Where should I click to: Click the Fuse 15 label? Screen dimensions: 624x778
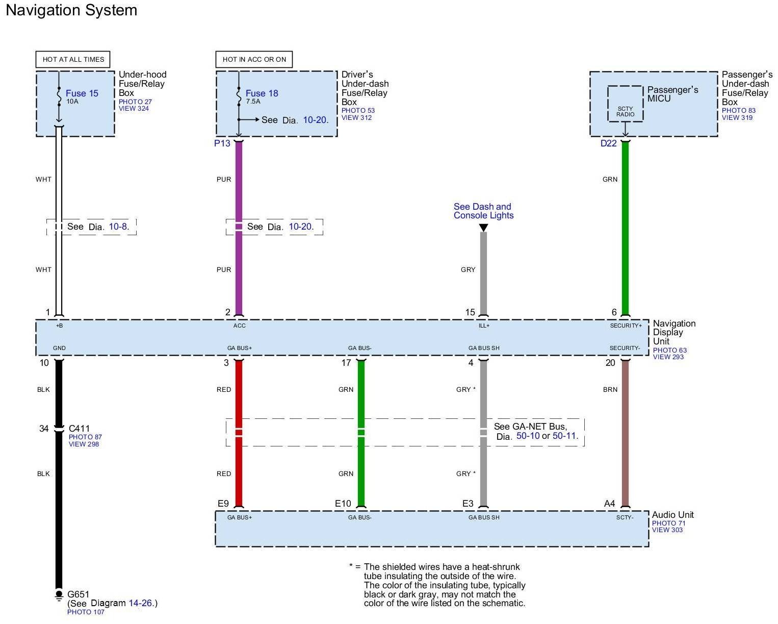[x=82, y=93]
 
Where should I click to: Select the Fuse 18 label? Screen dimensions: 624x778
[x=262, y=93]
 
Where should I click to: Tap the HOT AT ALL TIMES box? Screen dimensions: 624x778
[x=73, y=59]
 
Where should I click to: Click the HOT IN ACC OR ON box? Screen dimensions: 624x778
[x=254, y=59]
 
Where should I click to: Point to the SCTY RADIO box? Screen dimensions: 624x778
[x=625, y=111]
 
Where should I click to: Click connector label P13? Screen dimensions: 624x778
[x=222, y=143]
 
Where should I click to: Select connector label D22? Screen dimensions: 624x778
[x=608, y=143]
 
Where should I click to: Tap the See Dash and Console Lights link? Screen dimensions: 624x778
[x=483, y=211]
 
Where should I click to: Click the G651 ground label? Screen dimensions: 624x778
[x=78, y=594]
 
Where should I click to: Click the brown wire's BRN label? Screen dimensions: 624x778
[x=610, y=390]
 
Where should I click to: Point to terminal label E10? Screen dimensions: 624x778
[x=343, y=504]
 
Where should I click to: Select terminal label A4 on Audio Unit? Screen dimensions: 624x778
[x=609, y=504]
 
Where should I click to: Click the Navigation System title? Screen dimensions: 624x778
[x=71, y=10]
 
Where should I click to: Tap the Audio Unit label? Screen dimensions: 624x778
[x=672, y=515]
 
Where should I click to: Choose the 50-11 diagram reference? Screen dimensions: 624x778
[x=565, y=436]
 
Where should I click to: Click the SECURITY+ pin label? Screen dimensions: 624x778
[x=626, y=326]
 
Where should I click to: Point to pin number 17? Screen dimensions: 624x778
[x=346, y=363]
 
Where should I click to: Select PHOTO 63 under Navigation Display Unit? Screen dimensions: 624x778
[x=669, y=350]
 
